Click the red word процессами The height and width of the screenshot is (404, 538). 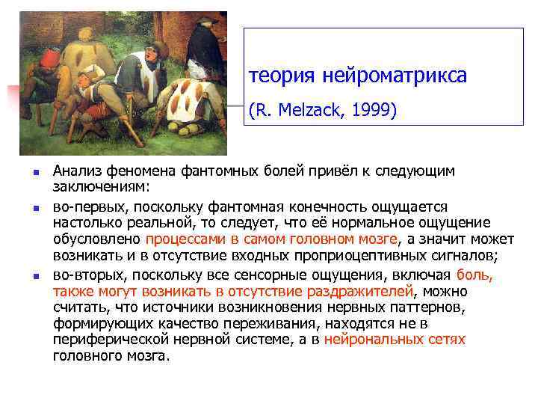tap(182, 239)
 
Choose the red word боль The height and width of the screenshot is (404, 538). tap(473, 274)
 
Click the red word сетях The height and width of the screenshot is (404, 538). tap(445, 339)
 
